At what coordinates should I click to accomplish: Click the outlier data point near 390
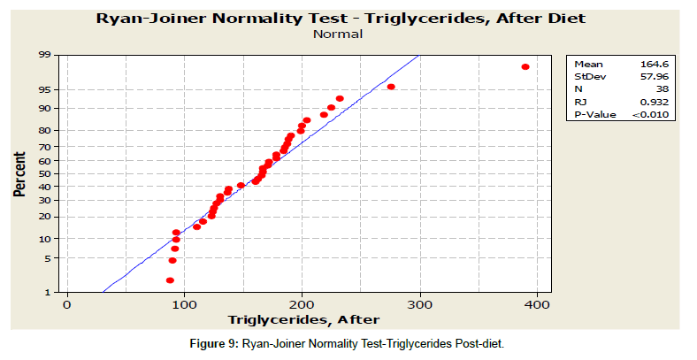point(525,67)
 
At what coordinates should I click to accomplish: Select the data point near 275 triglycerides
point(391,87)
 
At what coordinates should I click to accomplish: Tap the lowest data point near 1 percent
point(170,280)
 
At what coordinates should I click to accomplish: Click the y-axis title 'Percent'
point(19,173)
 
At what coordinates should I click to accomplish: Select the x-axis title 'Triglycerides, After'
point(303,319)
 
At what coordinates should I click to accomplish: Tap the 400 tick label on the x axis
point(538,305)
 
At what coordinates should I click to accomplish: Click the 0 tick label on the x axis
point(66,305)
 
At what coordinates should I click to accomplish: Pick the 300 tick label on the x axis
point(419,305)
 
